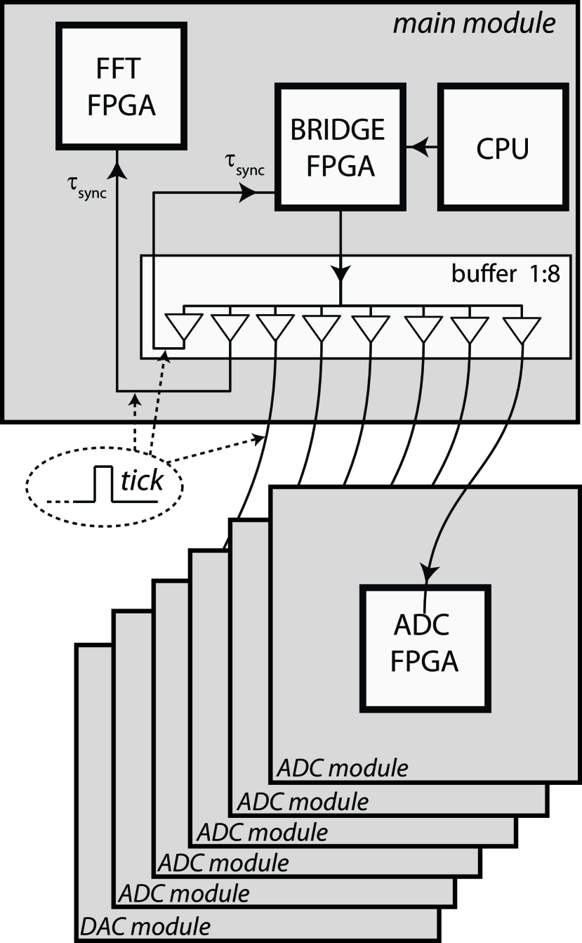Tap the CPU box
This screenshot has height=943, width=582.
(502, 148)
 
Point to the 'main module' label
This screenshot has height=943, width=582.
(474, 24)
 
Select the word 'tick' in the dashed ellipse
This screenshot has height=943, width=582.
(143, 481)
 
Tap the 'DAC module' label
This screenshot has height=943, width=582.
(146, 923)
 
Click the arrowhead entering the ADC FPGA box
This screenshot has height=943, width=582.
(425, 572)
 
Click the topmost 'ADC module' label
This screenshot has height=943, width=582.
(343, 769)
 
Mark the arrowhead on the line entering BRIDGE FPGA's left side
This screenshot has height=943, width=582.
(247, 195)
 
